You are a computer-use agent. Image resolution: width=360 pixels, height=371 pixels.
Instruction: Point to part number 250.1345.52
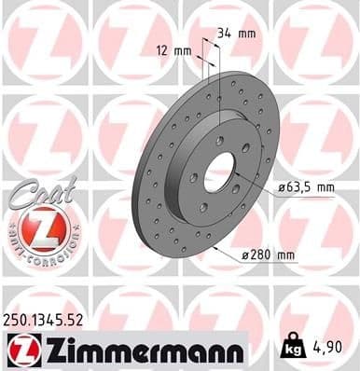pos(52,319)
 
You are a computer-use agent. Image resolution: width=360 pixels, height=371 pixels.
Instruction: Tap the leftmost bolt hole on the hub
pos(194,177)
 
